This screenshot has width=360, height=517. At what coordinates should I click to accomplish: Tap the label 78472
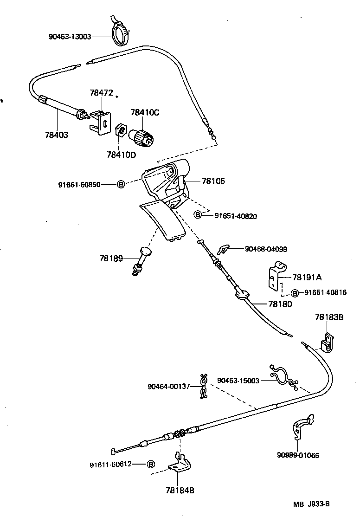[101, 93]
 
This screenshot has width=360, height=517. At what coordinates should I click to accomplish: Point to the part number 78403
[57, 135]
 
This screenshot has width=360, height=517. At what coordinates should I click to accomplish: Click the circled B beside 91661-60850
[121, 184]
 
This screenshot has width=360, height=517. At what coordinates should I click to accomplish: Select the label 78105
[213, 181]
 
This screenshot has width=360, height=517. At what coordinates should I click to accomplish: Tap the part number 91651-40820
[235, 216]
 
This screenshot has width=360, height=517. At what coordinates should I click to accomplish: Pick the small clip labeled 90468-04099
[224, 250]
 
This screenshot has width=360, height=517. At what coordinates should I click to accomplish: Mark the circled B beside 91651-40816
[295, 293]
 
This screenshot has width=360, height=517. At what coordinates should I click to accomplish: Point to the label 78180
[280, 304]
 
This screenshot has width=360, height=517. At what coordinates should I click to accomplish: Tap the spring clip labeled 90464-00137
[203, 386]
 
